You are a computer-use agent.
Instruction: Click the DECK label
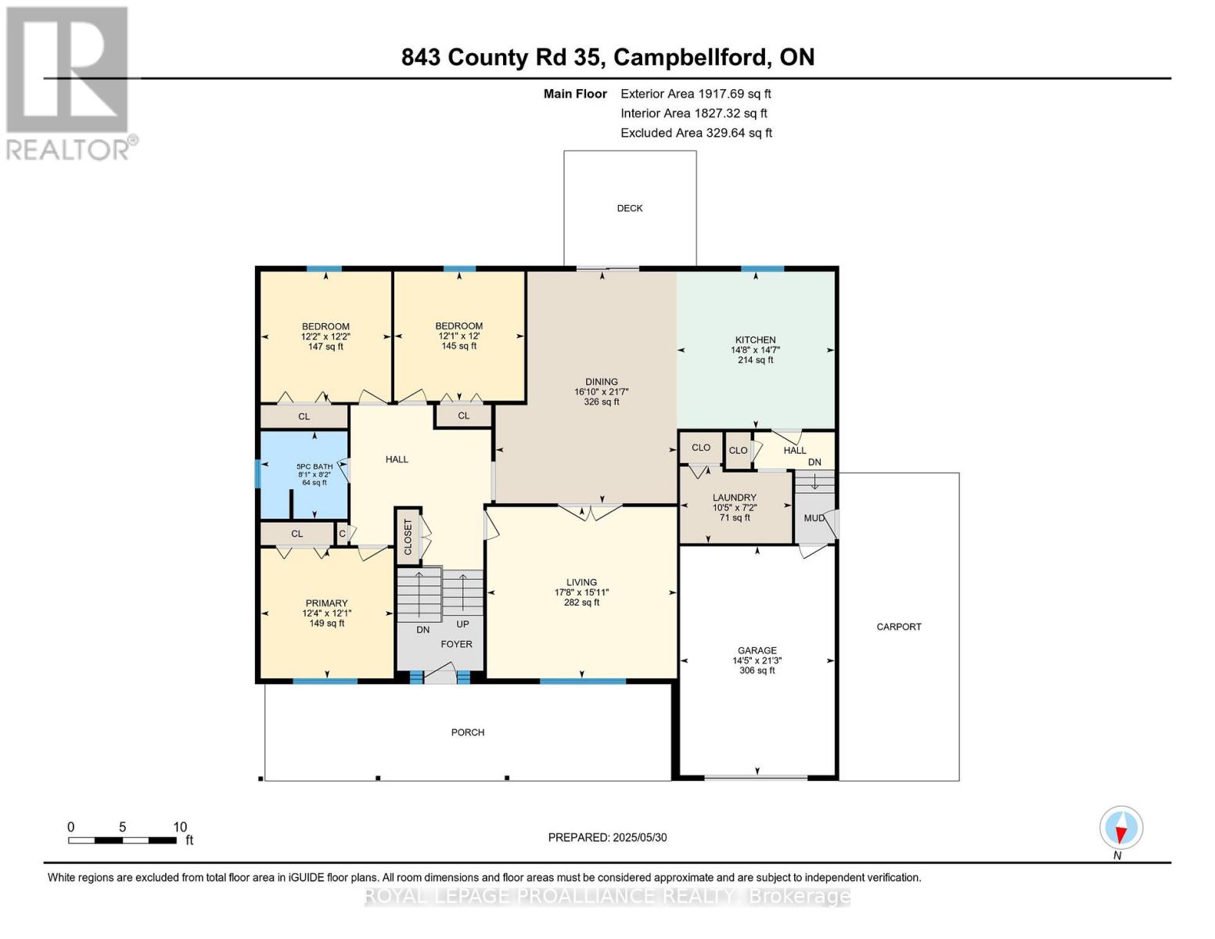[630, 208]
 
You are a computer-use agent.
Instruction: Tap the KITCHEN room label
[756, 340]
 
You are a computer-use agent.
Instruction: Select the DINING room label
[602, 382]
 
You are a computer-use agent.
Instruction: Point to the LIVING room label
[581, 582]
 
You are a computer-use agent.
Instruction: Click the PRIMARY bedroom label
[326, 603]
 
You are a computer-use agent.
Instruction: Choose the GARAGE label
[757, 650]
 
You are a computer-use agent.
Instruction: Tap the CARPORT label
[899, 627]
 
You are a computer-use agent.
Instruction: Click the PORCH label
[468, 732]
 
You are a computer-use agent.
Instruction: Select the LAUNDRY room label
[735, 497]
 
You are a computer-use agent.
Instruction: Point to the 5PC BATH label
[315, 466]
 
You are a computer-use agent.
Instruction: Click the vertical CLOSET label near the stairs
[408, 537]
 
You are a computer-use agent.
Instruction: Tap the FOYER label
[456, 644]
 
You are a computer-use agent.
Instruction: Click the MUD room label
[814, 519]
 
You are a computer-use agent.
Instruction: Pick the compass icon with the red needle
[1121, 828]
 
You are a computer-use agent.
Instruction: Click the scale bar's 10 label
[180, 827]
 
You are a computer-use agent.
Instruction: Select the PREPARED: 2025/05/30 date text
[607, 838]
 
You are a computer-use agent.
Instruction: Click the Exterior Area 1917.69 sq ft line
[696, 94]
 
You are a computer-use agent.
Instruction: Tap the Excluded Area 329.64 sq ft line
[696, 133]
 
